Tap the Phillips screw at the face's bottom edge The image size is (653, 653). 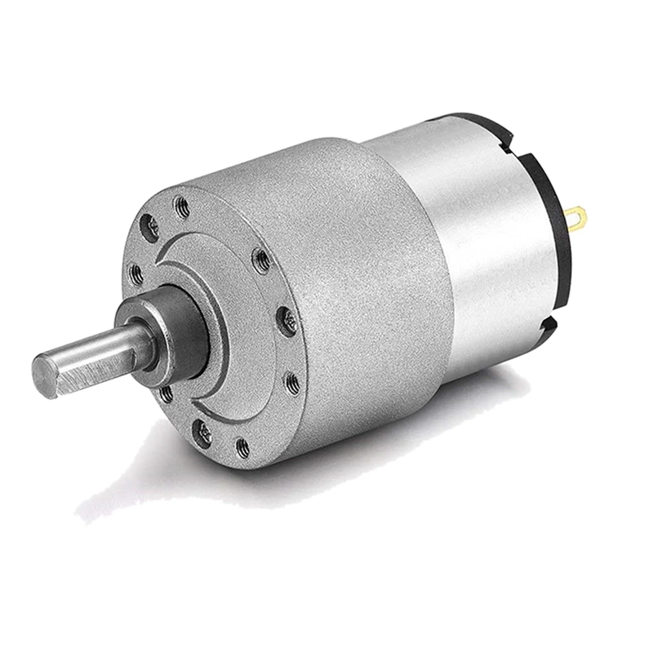(203, 434)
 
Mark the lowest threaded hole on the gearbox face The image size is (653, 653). (242, 447)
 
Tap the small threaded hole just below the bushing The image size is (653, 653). (167, 395)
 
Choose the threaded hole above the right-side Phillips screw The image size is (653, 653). (261, 261)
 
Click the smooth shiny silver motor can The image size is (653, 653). (482, 245)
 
